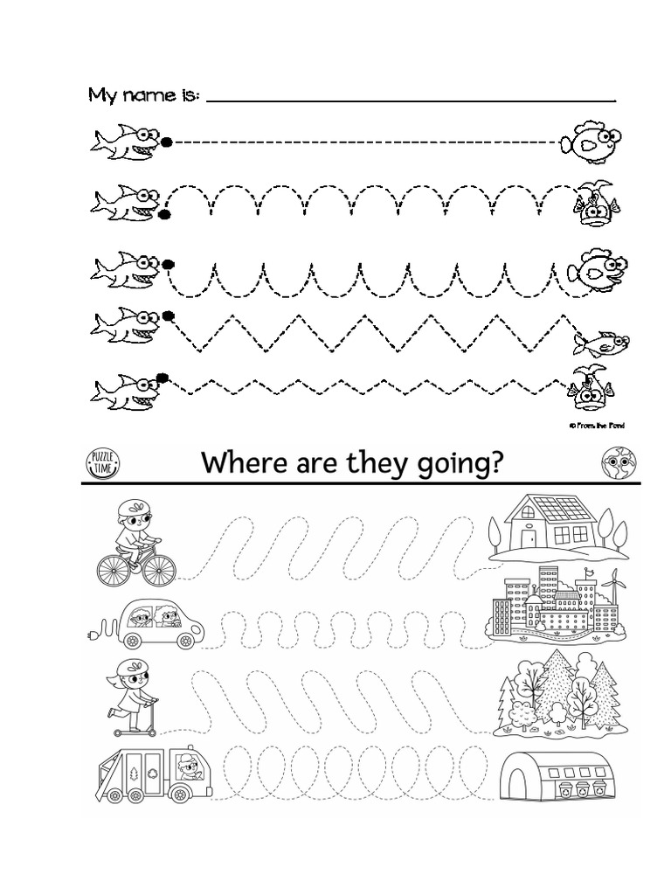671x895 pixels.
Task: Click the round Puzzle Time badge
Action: (102, 461)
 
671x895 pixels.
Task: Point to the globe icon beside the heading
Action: (617, 461)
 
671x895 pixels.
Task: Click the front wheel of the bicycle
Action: (159, 571)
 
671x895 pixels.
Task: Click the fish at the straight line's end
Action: (591, 142)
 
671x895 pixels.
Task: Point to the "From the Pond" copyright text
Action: (596, 426)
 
